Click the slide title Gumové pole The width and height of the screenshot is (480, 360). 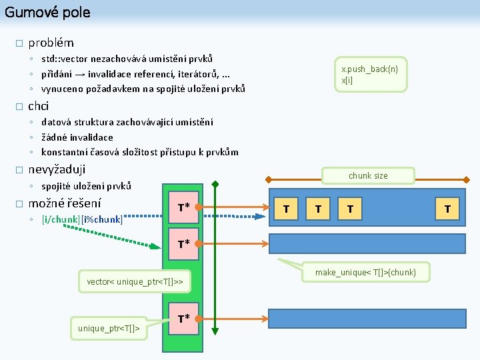47,12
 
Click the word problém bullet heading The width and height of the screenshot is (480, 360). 51,43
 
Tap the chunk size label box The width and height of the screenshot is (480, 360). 367,175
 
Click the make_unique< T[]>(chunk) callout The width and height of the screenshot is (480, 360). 365,272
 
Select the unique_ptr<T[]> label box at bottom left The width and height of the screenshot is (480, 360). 109,327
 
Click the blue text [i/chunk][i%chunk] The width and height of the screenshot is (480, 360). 82,219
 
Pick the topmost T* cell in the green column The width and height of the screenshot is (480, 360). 183,207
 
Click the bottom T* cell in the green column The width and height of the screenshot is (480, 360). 183,319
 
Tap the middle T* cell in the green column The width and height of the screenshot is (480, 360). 183,243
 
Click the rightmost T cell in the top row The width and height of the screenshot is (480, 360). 447,209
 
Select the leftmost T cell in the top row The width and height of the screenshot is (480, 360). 286,209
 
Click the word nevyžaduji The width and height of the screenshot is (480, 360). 57,169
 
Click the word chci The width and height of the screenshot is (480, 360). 38,106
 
